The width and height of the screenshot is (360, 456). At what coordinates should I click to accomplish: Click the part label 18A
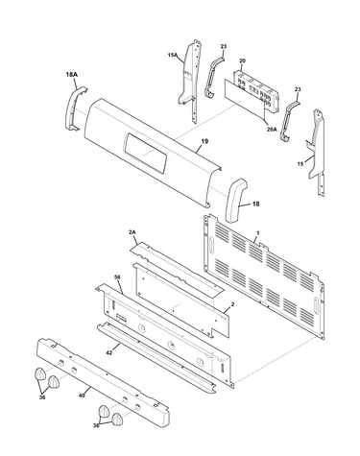(72, 74)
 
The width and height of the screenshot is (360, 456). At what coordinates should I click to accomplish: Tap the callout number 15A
(172, 55)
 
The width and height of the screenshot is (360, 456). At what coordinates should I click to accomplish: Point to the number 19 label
(204, 141)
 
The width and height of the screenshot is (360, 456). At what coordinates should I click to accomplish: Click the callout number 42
(109, 352)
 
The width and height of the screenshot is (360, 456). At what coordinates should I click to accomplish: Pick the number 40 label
(82, 396)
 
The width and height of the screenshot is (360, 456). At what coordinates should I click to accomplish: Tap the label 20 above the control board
(242, 60)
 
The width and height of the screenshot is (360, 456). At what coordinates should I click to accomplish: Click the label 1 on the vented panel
(258, 234)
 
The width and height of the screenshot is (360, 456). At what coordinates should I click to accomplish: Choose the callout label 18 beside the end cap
(256, 204)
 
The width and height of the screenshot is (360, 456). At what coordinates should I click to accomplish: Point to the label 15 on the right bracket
(300, 164)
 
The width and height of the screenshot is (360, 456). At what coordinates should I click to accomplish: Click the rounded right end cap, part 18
(236, 200)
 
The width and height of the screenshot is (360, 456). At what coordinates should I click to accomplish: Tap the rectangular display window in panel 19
(145, 153)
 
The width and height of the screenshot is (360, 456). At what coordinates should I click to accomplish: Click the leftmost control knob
(39, 373)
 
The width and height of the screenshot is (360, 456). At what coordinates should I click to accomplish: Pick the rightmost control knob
(117, 419)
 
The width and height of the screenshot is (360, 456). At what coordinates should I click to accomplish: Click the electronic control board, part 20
(255, 90)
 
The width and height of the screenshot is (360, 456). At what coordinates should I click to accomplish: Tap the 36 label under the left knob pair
(42, 397)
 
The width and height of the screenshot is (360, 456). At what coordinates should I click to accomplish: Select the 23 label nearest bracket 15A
(224, 47)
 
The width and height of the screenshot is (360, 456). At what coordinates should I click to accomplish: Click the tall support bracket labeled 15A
(191, 80)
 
